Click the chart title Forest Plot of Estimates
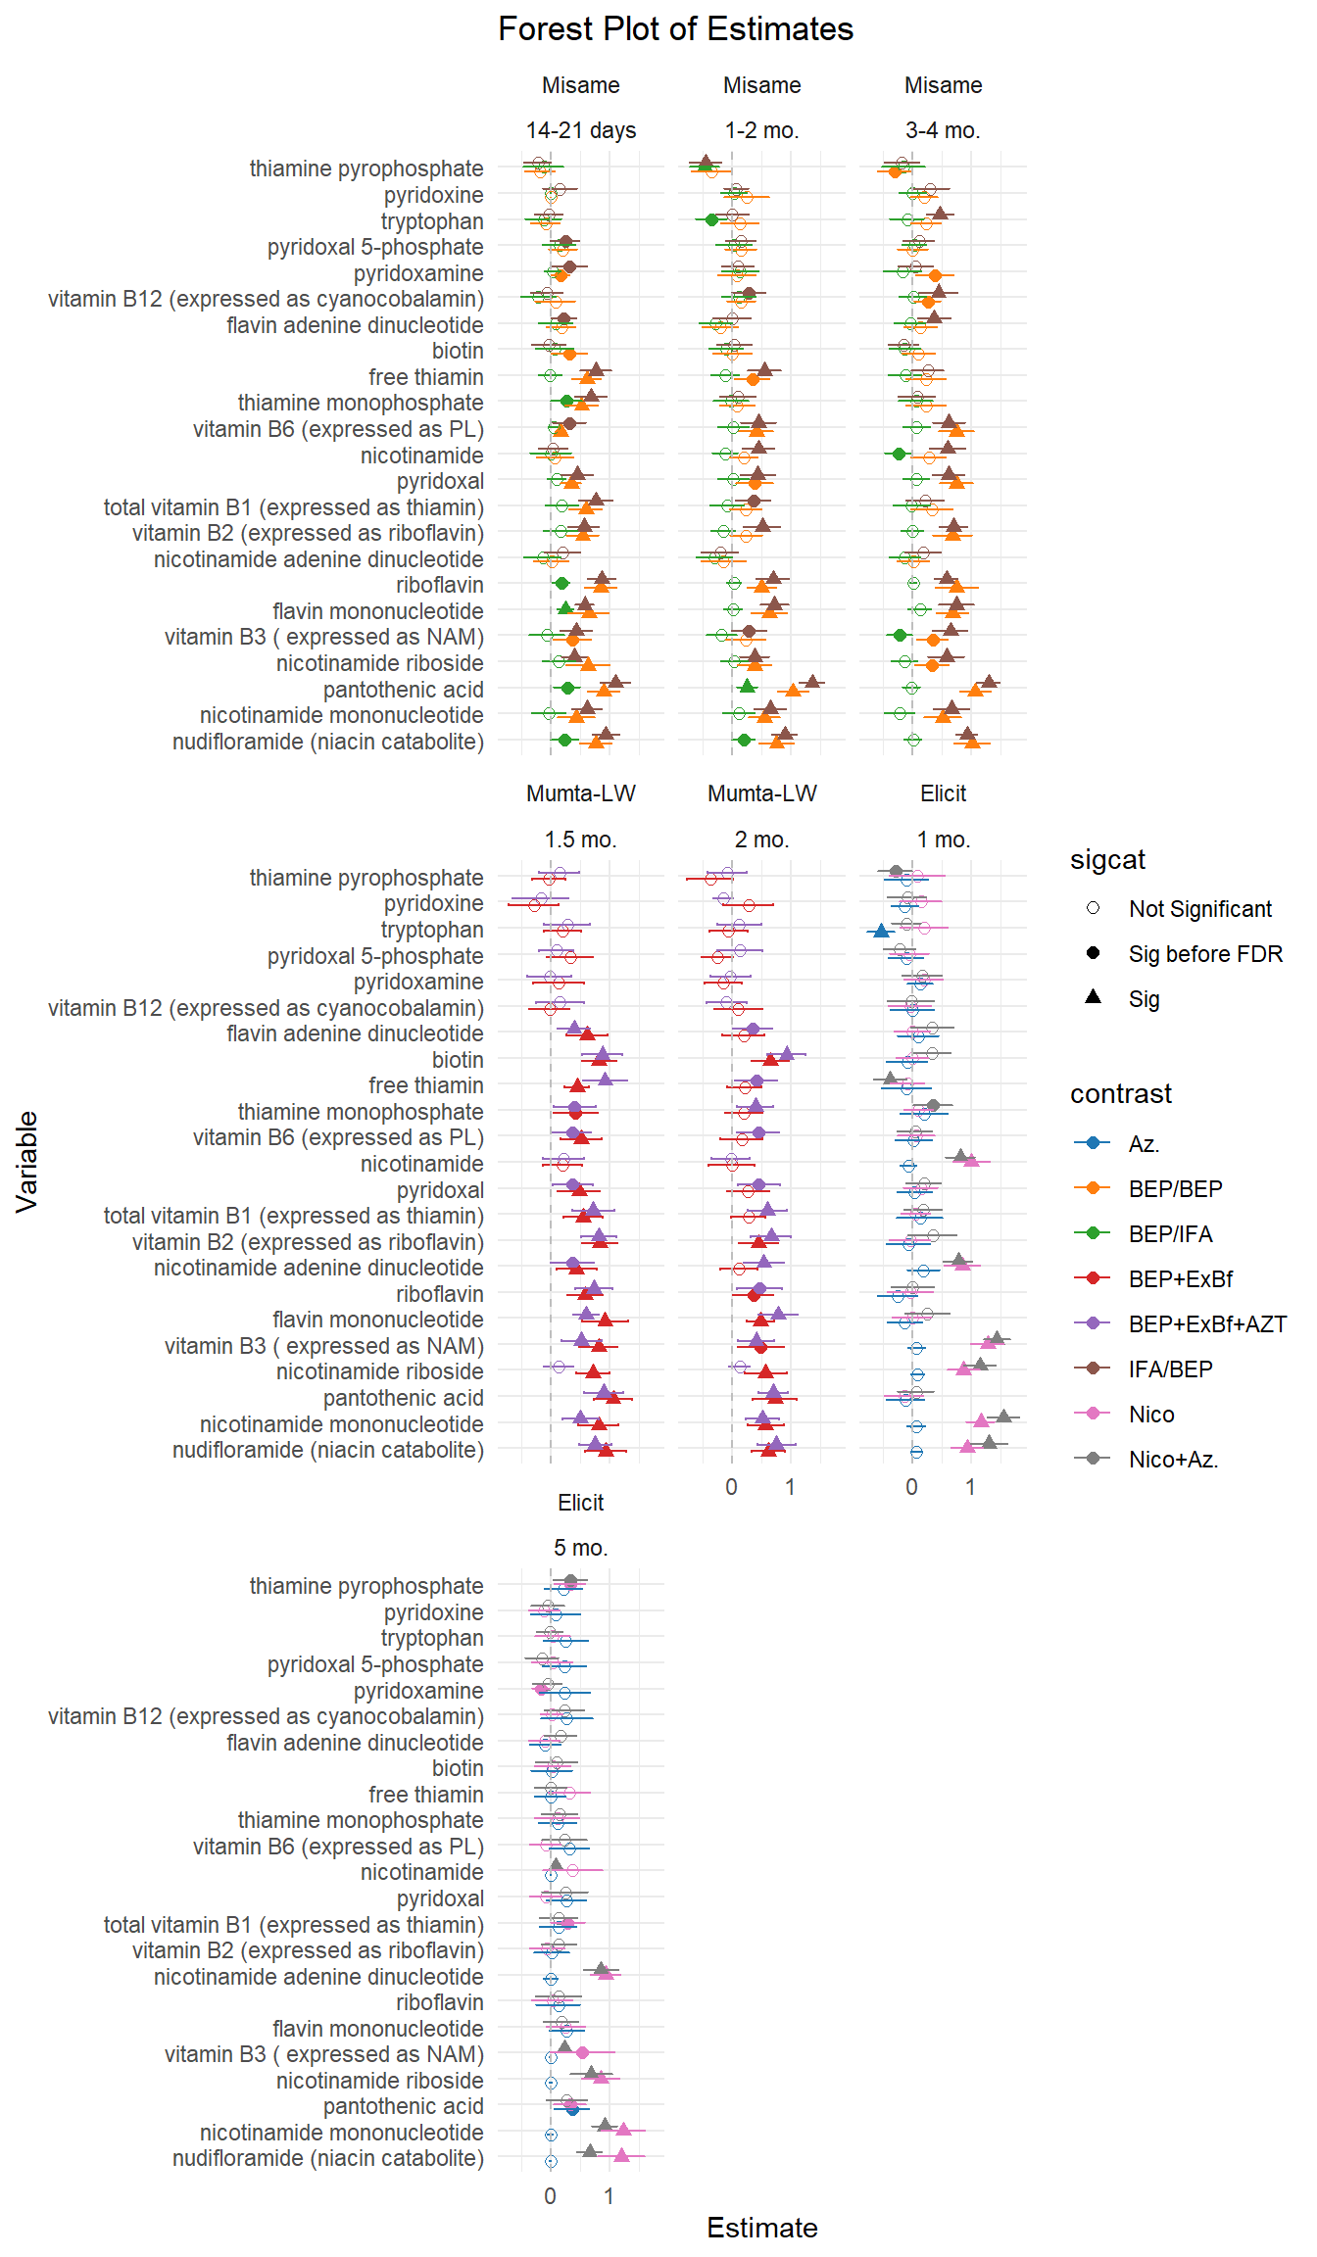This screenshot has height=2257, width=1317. pos(675,29)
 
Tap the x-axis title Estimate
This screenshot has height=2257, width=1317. pos(761,2228)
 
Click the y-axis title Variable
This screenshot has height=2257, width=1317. pos(26,1162)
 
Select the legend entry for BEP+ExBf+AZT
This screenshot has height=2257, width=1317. pos(1206,1324)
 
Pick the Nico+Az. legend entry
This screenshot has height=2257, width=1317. pos(1173,1460)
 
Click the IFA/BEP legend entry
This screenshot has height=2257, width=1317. pos(1170,1369)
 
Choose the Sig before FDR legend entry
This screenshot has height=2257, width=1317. pos(1204,954)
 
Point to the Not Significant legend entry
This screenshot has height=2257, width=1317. pos(1199,909)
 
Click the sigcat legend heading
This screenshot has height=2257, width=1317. pos(1107,860)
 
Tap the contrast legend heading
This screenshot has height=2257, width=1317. pos(1120,1094)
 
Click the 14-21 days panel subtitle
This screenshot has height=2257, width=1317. pos(581,130)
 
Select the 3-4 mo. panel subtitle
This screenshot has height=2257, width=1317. pos(943,130)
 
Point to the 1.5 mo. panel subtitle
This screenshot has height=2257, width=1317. pos(581,840)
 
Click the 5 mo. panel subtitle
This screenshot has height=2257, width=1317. pos(581,1548)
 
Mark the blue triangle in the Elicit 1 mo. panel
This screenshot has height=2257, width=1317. pos(881,931)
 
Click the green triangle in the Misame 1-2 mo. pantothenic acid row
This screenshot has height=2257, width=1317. pos(748,686)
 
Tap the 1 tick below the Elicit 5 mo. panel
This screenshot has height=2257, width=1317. pos(609,2196)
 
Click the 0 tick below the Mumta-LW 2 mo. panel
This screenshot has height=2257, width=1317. pos(731,1487)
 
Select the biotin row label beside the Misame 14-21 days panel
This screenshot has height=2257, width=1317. pos(458,351)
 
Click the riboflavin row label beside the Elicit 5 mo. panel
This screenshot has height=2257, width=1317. pos(439,2002)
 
